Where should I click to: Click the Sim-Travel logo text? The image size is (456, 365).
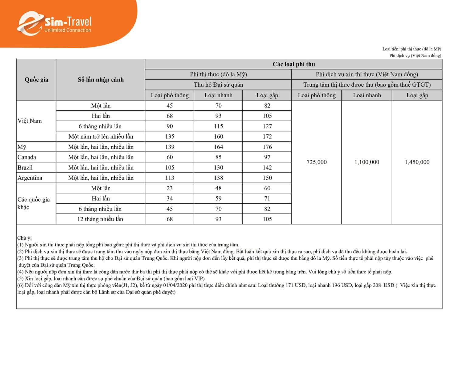tap(68, 22)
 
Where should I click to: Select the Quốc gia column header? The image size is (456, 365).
tap(36, 80)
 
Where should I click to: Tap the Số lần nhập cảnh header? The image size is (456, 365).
tap(101, 80)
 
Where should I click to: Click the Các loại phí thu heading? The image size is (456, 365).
tap(294, 64)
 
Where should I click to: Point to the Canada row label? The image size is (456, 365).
tap(27, 157)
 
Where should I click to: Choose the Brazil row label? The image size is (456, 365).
tap(25, 168)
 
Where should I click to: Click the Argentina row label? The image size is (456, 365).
tap(30, 178)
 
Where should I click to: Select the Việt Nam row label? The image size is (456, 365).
tap(29, 121)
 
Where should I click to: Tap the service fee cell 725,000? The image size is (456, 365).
tap(316, 162)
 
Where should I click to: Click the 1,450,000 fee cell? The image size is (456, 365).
tap(417, 162)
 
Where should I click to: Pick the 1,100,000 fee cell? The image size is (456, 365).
tap(367, 162)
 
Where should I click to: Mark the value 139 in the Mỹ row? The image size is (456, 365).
tap(170, 147)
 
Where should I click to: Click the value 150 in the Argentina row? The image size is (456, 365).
tap(267, 178)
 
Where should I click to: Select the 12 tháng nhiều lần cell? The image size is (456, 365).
tap(100, 219)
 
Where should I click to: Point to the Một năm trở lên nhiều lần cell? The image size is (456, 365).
tap(101, 137)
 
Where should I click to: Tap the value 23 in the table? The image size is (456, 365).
tap(170, 188)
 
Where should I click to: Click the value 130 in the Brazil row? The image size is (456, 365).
tap(218, 168)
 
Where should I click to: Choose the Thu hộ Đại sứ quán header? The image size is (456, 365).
tap(218, 85)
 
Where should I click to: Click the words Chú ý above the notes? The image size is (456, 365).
tap(24, 238)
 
